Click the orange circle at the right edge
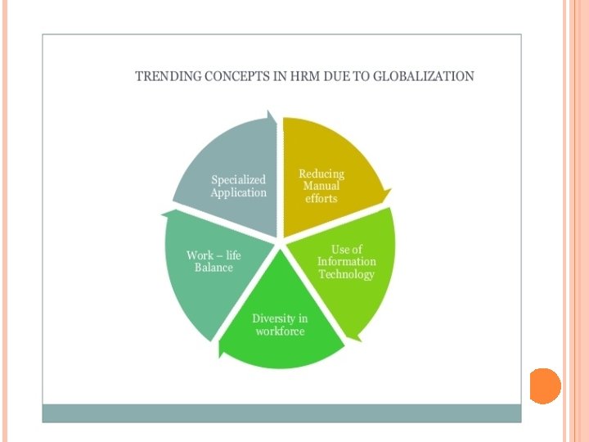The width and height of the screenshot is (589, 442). click(x=545, y=386)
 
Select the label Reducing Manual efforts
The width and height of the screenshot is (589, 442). click(x=321, y=186)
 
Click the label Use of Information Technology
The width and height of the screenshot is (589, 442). click(x=347, y=262)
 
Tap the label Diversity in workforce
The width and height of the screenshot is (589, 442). click(x=280, y=325)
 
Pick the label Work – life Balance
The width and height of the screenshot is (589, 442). click(x=214, y=262)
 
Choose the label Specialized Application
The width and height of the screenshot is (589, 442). click(x=239, y=187)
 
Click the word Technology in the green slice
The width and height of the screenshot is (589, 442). click(x=347, y=274)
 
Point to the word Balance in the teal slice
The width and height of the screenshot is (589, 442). click(x=214, y=268)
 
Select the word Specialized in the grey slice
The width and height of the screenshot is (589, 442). click(x=239, y=180)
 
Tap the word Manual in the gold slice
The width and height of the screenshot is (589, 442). click(x=321, y=186)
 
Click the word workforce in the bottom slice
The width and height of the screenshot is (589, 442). click(x=280, y=331)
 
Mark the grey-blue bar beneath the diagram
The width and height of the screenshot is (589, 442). click(x=281, y=413)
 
